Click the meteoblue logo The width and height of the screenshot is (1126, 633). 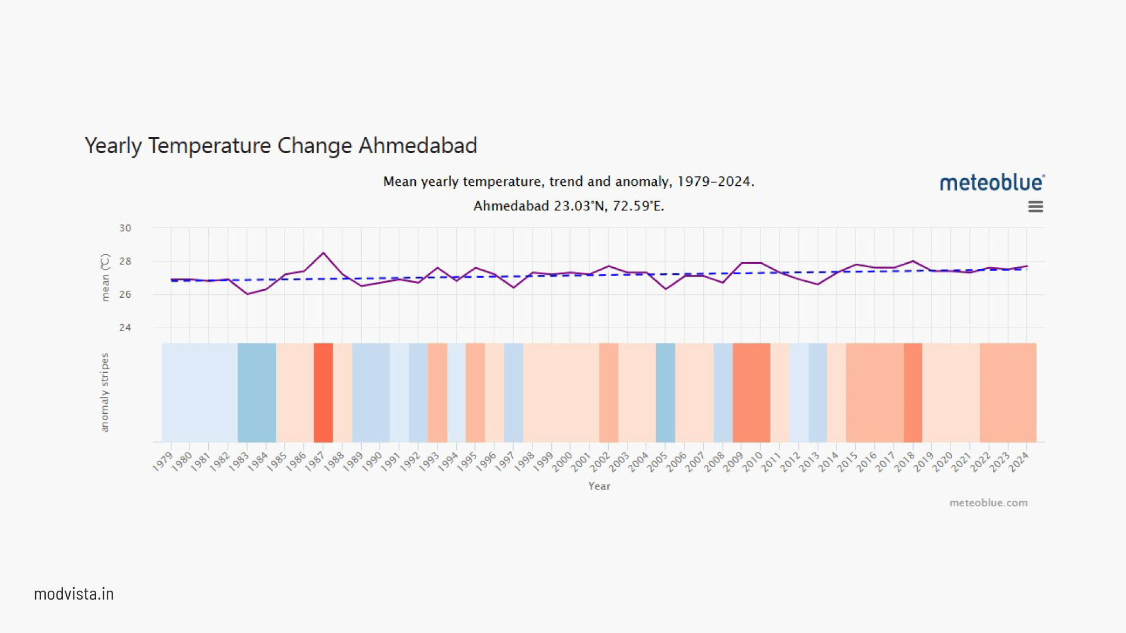coord(992,183)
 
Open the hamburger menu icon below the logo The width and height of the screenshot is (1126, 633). coord(1035,207)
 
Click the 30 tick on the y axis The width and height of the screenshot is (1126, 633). coord(126,228)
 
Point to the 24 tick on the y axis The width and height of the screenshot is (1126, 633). coord(126,328)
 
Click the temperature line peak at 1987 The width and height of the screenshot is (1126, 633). coord(323,253)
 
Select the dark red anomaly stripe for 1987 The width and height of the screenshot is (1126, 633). coord(323,392)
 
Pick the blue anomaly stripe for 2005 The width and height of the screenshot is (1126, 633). coord(665,392)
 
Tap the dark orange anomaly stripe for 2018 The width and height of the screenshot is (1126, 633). coord(913,392)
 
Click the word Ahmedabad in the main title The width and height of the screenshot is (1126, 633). coord(418,145)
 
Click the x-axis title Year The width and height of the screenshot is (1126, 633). coord(599,486)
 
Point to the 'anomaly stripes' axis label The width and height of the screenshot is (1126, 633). coord(105,392)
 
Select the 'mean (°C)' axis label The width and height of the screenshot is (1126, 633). coord(105,277)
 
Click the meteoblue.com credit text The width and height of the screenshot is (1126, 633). coord(988,503)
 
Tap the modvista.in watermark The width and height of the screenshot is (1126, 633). coord(74,594)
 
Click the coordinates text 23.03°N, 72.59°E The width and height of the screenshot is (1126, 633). coord(609,206)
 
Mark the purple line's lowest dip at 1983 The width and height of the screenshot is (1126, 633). coord(247,294)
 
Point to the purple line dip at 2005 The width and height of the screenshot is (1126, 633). coord(666,288)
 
